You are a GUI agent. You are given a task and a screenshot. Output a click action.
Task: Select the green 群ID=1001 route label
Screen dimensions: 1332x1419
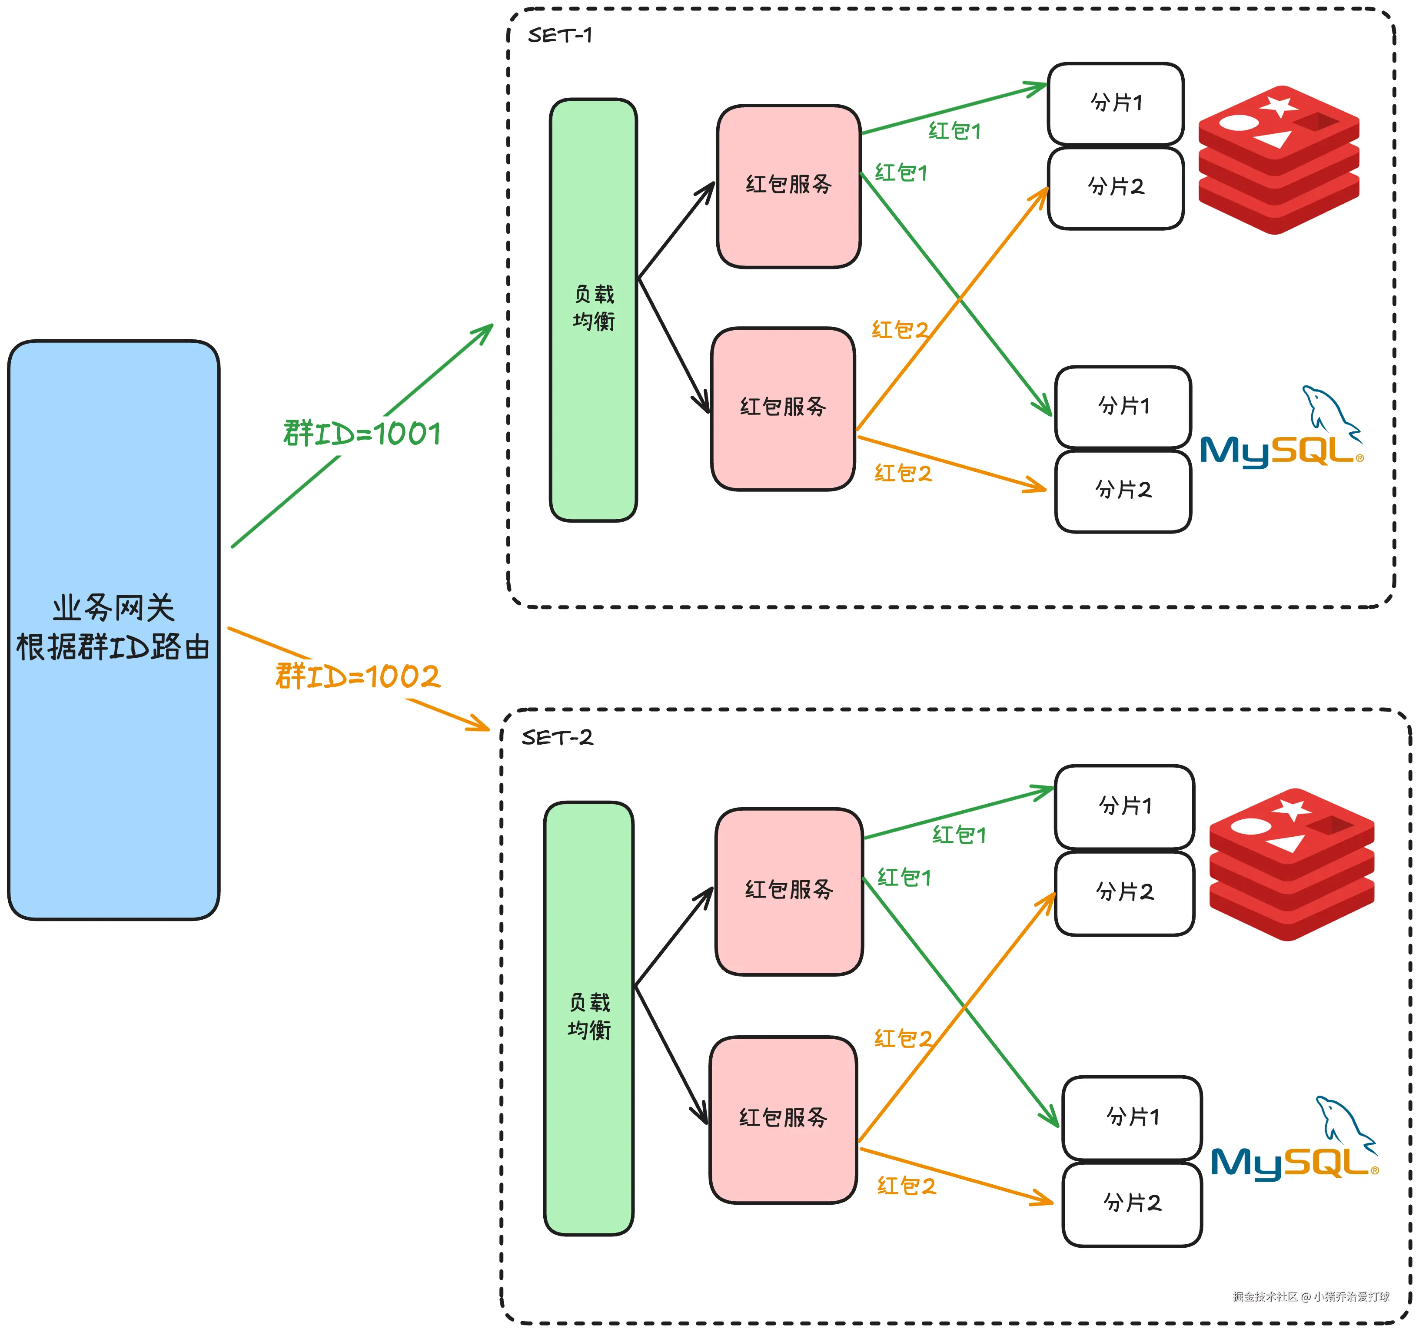[362, 434]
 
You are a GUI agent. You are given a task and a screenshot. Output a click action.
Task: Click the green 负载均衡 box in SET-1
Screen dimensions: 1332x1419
[593, 310]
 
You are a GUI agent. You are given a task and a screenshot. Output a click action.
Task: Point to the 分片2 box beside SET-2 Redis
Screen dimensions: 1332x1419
[1125, 892]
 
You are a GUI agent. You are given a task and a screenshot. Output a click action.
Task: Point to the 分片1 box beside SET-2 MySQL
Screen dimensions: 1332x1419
[1133, 1117]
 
